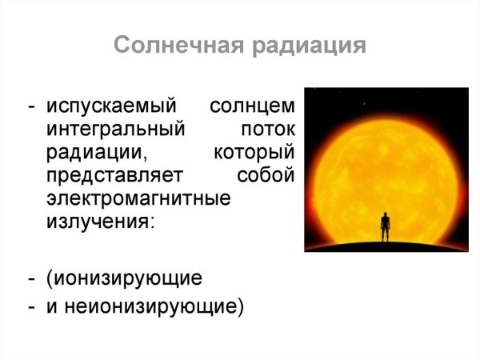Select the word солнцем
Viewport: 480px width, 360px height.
(253, 106)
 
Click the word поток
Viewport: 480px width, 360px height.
(267, 130)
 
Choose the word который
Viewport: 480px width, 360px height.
(256, 152)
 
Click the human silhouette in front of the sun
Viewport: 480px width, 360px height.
(386, 227)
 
